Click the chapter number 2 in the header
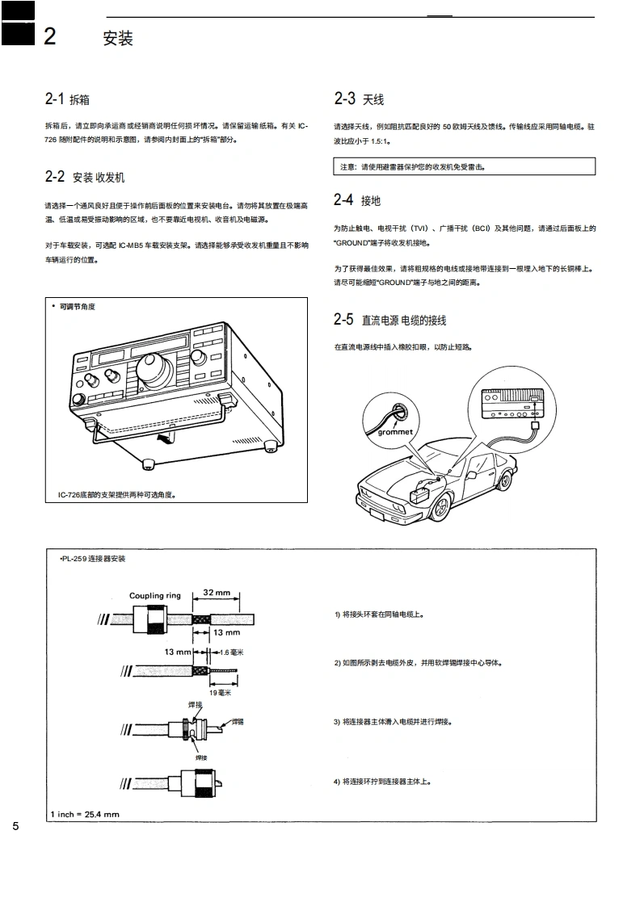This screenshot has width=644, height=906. (x=50, y=36)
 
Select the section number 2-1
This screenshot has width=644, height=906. (x=54, y=99)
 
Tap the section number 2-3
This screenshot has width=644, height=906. (x=344, y=99)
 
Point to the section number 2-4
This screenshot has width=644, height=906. (x=343, y=200)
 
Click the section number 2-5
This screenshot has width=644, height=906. (x=343, y=320)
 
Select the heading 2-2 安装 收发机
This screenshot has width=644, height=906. (x=85, y=177)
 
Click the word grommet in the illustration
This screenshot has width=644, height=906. (x=395, y=432)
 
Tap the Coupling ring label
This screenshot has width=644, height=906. (x=154, y=596)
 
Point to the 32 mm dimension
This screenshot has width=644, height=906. (x=216, y=593)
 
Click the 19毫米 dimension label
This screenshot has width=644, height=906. (x=220, y=692)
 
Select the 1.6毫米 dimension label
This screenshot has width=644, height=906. (x=232, y=652)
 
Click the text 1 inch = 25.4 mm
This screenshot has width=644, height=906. (x=85, y=814)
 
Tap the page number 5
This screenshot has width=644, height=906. (x=15, y=827)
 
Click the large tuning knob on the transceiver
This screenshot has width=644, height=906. (x=154, y=371)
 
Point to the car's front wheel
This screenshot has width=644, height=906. (x=441, y=508)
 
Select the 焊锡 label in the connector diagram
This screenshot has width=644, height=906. (x=238, y=721)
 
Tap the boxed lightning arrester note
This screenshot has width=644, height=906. (x=464, y=167)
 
